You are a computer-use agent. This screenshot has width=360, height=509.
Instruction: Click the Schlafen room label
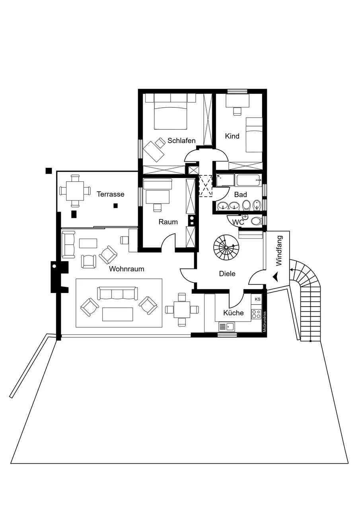181,141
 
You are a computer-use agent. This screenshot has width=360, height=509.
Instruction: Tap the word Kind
232,136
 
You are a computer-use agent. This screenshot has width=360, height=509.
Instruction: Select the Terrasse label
111,194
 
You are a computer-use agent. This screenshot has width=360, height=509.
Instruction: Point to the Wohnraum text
126,269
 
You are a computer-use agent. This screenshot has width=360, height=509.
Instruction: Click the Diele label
227,274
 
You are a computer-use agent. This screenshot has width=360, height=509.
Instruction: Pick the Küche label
234,313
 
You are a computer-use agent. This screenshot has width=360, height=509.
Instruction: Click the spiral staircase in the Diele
225,246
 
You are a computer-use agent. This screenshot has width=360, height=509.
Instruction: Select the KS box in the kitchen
257,299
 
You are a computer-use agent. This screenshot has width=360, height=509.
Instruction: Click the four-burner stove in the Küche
256,315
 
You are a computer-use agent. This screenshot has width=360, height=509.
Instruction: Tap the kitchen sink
227,327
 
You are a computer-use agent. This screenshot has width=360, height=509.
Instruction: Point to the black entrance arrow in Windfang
276,277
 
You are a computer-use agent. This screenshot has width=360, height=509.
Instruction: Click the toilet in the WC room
256,221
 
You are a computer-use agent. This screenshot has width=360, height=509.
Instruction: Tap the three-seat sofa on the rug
117,293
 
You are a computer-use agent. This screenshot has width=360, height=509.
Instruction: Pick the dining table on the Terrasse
75,191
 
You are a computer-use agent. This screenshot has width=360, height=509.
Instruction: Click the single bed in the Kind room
254,135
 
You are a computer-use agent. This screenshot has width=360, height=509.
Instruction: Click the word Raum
168,222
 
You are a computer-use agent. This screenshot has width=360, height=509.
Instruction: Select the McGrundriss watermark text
264,322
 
